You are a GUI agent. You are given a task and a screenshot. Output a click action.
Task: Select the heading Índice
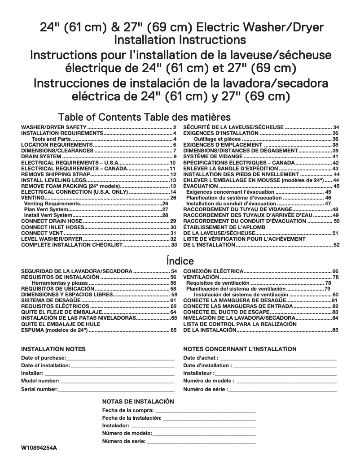pos(180,261)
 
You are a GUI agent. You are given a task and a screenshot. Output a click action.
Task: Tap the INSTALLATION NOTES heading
pos(53,349)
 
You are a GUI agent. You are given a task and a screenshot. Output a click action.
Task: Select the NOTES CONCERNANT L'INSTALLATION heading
pos(240,349)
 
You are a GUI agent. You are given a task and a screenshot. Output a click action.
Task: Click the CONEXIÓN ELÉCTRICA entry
pos(214,271)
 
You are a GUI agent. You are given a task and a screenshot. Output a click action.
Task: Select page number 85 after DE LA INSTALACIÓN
pos(335,330)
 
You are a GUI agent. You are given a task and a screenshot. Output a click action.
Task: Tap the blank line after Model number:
pos(117,381)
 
